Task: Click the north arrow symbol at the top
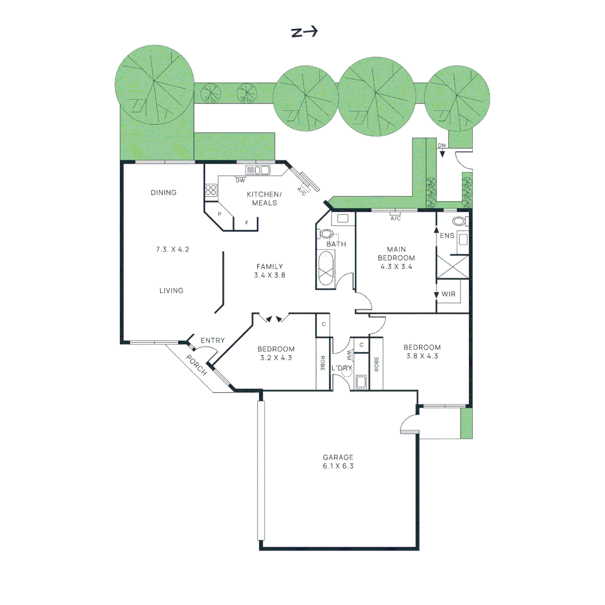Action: click(304, 32)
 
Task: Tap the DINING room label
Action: click(164, 193)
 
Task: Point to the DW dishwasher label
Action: click(240, 180)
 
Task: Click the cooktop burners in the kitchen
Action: click(211, 190)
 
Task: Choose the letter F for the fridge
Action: click(247, 223)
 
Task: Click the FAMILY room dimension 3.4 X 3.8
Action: click(270, 275)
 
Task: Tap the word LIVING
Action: click(171, 291)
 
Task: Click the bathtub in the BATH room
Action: click(326, 270)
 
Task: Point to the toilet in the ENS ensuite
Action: click(460, 221)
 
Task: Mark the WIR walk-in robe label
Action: click(448, 294)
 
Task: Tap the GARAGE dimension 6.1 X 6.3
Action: click(338, 466)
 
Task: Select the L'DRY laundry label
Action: click(341, 368)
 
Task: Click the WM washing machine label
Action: click(350, 356)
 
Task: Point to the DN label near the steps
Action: click(442, 146)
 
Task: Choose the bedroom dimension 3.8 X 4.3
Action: click(422, 355)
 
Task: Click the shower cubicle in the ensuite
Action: click(452, 267)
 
